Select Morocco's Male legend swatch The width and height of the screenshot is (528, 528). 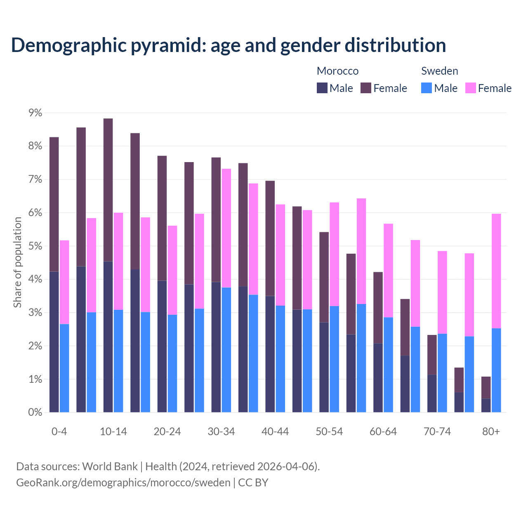(x=322, y=88)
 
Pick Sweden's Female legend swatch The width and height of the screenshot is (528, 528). (x=470, y=88)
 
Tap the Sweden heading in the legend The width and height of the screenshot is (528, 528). (x=439, y=71)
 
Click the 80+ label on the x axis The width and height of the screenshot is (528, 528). (x=491, y=432)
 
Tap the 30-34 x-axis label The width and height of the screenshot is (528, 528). (x=221, y=432)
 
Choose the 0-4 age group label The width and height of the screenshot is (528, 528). (x=59, y=432)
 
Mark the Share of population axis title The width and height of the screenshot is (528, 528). (x=17, y=262)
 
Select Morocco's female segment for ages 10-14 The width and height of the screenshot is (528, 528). (x=108, y=190)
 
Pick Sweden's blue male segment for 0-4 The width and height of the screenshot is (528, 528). (x=64, y=368)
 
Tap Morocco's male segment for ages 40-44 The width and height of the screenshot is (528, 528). (x=270, y=354)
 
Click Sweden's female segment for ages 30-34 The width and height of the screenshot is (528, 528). (x=226, y=228)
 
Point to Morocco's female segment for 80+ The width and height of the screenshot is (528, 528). (x=486, y=387)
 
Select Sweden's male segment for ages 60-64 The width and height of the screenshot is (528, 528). (x=388, y=365)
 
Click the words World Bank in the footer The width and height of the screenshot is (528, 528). (x=110, y=467)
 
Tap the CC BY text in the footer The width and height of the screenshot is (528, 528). (x=253, y=483)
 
